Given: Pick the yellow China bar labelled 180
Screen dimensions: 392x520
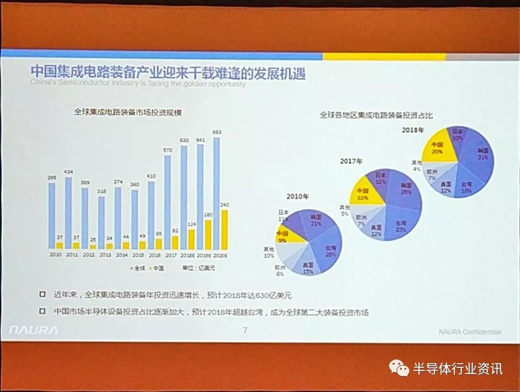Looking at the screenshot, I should coord(208,235).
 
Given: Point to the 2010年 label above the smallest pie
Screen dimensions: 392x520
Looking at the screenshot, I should coord(298,196).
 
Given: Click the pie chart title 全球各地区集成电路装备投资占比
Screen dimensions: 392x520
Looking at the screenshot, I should coord(376,115).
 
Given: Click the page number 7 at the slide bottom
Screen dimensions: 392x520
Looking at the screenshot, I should coord(245,330).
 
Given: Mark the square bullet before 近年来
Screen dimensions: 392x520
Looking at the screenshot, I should coord(42,295).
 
